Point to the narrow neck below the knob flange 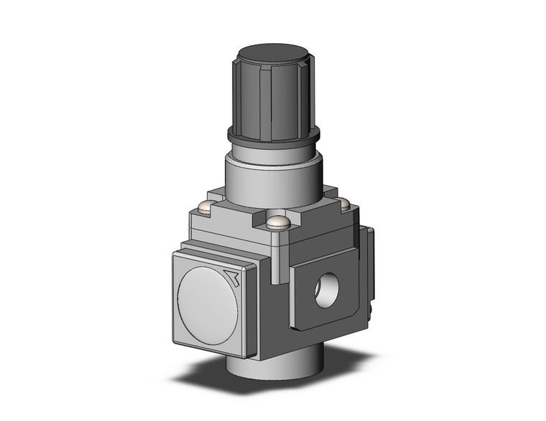pos(272,152)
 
